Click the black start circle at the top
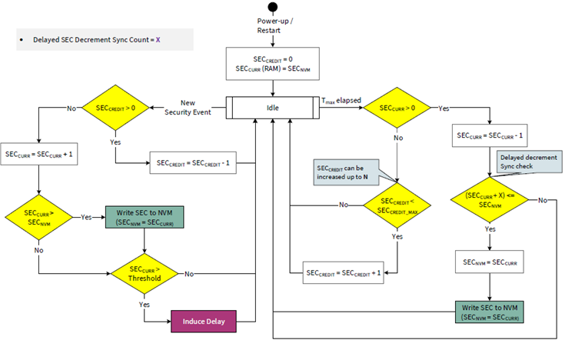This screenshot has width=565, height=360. pyautogui.click(x=272, y=8)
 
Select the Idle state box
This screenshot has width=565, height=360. pyautogui.click(x=272, y=106)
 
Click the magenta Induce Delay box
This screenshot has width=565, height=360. pyautogui.click(x=203, y=321)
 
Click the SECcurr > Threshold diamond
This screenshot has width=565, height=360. pyautogui.click(x=145, y=273)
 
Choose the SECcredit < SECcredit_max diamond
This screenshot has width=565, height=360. pyautogui.click(x=396, y=205)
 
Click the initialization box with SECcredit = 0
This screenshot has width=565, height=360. pyautogui.click(x=272, y=64)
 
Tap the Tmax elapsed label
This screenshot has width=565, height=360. pyautogui.click(x=341, y=100)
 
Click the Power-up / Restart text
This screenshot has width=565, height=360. pyautogui.click(x=272, y=25)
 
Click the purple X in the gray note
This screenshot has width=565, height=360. pyautogui.click(x=158, y=39)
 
